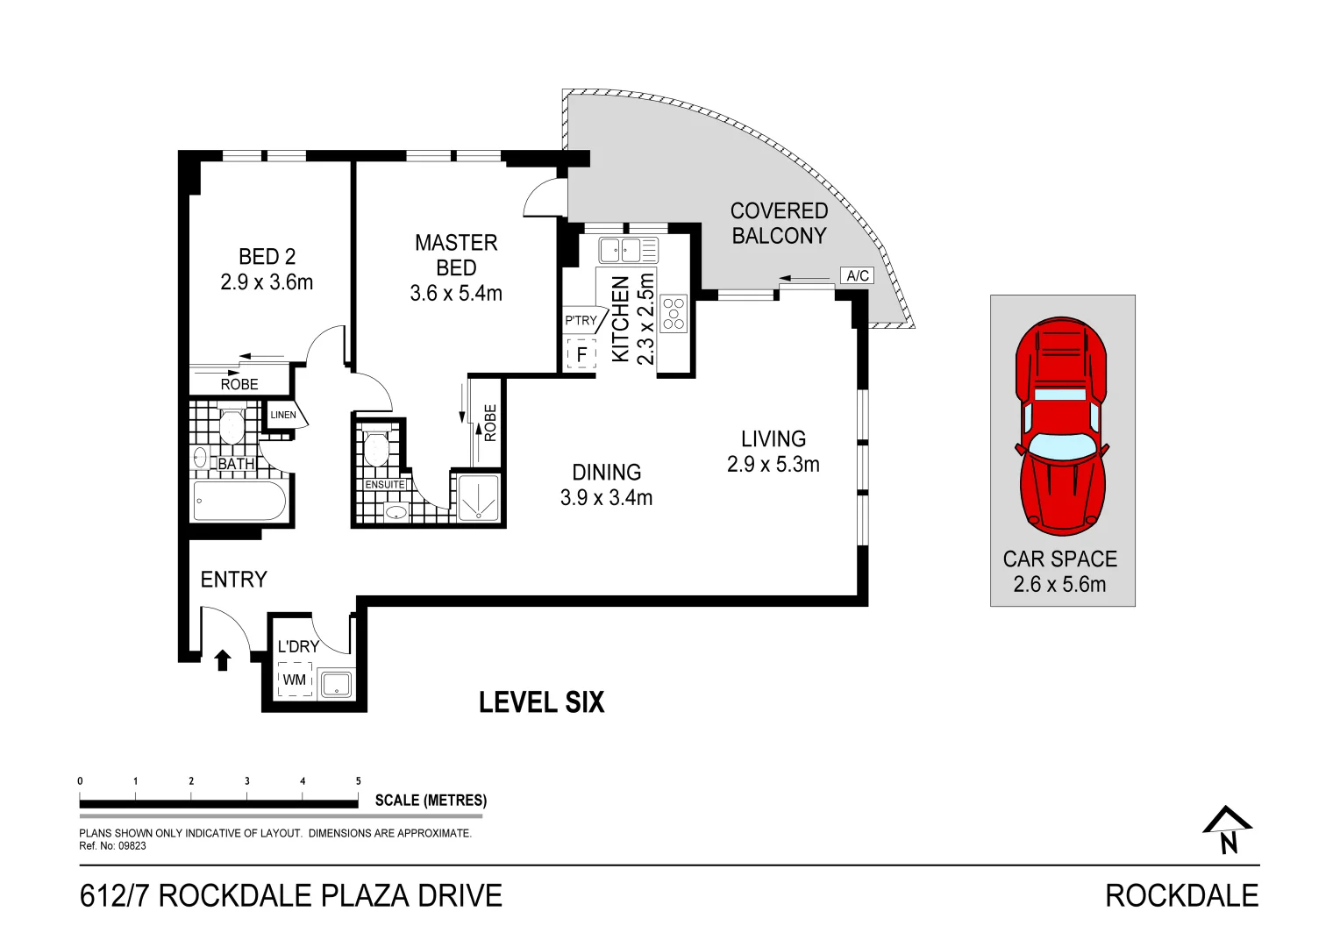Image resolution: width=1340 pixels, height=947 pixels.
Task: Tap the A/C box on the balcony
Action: (x=858, y=275)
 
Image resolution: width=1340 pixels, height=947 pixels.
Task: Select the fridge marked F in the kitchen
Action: (x=581, y=355)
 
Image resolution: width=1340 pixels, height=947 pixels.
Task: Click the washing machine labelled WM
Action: (x=295, y=680)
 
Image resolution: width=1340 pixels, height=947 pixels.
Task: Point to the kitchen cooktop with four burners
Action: (x=674, y=314)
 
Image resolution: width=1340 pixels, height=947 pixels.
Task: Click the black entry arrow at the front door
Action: (x=223, y=659)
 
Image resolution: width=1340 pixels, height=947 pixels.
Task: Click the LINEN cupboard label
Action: (x=282, y=415)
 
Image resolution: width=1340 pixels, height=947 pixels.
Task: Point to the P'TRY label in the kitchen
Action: (x=580, y=321)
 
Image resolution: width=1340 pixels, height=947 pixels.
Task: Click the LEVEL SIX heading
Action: (x=541, y=702)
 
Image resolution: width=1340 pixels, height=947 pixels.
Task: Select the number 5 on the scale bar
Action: (x=358, y=780)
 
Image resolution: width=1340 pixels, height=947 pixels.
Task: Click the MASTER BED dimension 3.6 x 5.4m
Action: (x=456, y=294)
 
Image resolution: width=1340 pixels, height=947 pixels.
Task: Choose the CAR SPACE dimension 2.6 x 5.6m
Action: (x=1059, y=585)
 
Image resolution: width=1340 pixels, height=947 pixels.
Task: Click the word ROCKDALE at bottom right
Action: (x=1180, y=895)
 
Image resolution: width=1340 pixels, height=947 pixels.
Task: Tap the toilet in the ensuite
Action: (x=375, y=447)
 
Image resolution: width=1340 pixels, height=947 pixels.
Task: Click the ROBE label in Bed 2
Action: (x=239, y=384)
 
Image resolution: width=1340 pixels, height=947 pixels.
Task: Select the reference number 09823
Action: (x=132, y=846)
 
